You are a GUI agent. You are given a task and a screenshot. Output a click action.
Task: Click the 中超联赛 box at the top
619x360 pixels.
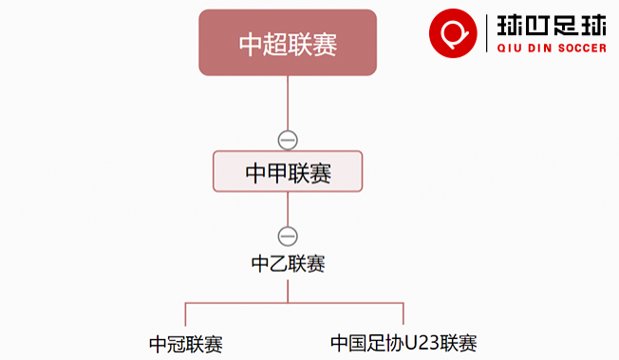(x=288, y=43)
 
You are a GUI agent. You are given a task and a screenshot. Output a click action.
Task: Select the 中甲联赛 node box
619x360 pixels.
(x=288, y=172)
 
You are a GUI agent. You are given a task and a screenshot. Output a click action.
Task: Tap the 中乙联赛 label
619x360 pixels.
(x=288, y=264)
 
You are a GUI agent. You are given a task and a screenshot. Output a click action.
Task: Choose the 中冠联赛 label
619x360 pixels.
(x=186, y=344)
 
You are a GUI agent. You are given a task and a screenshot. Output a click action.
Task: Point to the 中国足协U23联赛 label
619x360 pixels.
(x=403, y=343)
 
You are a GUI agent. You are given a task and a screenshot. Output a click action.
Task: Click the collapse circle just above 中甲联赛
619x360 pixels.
(x=288, y=140)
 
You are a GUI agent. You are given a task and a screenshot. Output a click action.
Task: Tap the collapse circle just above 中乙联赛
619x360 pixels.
(x=288, y=236)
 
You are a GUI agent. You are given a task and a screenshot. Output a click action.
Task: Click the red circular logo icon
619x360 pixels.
(x=451, y=33)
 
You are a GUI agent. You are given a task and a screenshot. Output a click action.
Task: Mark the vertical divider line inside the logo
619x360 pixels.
(x=485, y=33)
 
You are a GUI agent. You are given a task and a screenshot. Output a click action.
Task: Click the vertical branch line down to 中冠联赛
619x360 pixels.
(x=185, y=314)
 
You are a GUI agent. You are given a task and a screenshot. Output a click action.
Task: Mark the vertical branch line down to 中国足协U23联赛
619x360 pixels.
(x=403, y=314)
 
